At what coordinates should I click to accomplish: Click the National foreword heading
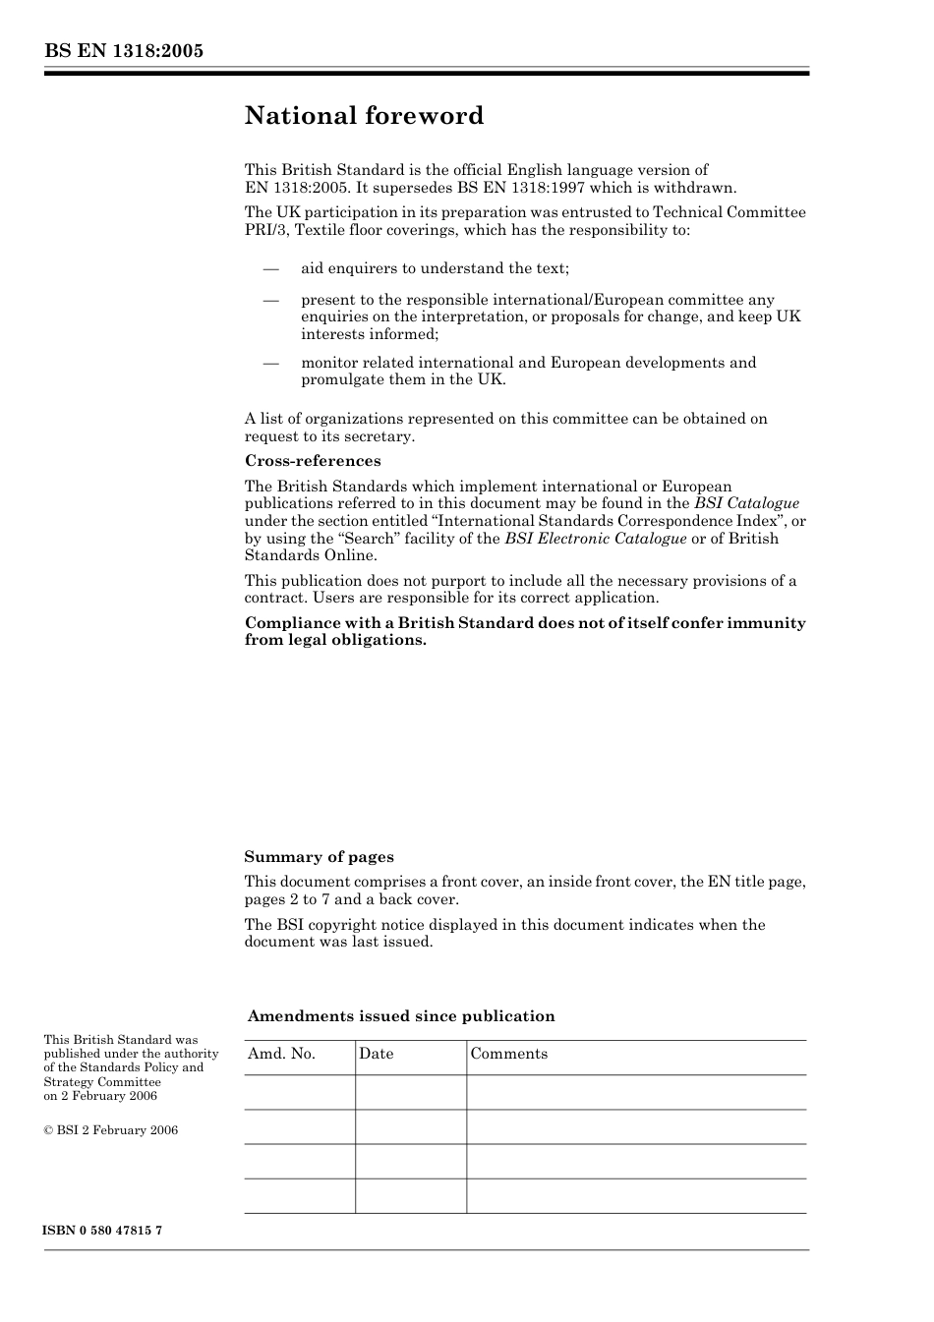click(x=364, y=116)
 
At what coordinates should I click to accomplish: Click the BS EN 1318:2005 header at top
click(x=124, y=51)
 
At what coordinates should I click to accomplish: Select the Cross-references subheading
click(x=313, y=461)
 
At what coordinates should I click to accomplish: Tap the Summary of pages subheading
click(x=319, y=857)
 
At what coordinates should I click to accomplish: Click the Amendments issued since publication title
click(x=401, y=1016)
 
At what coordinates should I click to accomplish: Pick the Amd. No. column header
click(x=281, y=1054)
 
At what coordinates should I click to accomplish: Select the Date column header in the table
click(x=376, y=1054)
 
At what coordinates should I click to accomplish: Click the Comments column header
click(x=508, y=1054)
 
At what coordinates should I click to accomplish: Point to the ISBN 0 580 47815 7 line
click(x=103, y=1231)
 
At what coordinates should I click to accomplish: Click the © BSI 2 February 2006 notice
click(x=111, y=1130)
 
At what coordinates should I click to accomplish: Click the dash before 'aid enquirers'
click(x=271, y=268)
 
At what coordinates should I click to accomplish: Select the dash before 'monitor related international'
click(x=271, y=363)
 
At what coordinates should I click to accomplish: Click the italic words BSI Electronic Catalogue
click(x=595, y=539)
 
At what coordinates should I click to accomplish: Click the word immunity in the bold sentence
click(x=766, y=623)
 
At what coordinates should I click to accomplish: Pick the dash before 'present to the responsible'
click(x=271, y=300)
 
